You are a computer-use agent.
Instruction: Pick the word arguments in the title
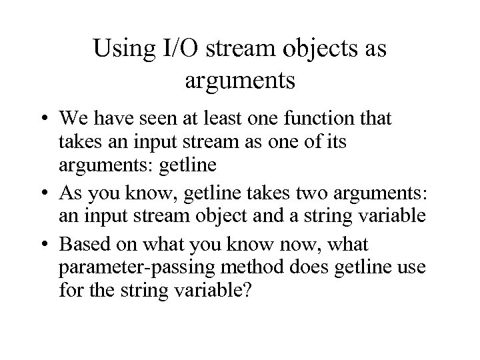pyautogui.click(x=239, y=82)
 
